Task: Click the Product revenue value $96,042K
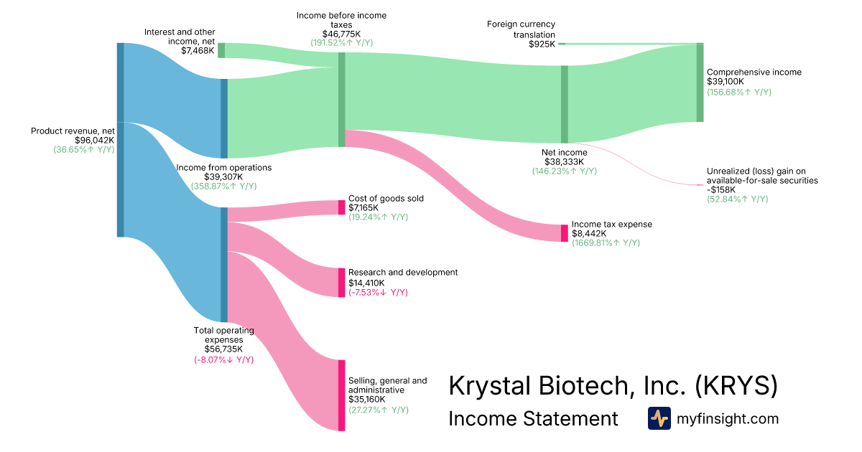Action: [x=95, y=141]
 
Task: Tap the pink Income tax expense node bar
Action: [x=564, y=233]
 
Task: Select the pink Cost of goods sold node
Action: [x=342, y=207]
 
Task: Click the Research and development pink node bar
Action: [x=342, y=283]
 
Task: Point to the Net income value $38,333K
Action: [x=564, y=162]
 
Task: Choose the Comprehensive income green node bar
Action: [x=700, y=83]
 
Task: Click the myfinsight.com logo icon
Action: [x=659, y=418]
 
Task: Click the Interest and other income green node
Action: [x=221, y=50]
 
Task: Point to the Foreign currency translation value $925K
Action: [x=542, y=44]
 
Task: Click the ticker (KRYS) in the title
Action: [x=736, y=385]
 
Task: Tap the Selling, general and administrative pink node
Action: [x=342, y=395]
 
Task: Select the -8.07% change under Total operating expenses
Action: [x=211, y=360]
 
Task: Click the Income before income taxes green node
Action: [x=342, y=100]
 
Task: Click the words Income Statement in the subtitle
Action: [x=533, y=418]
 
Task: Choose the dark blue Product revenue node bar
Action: [x=121, y=140]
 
